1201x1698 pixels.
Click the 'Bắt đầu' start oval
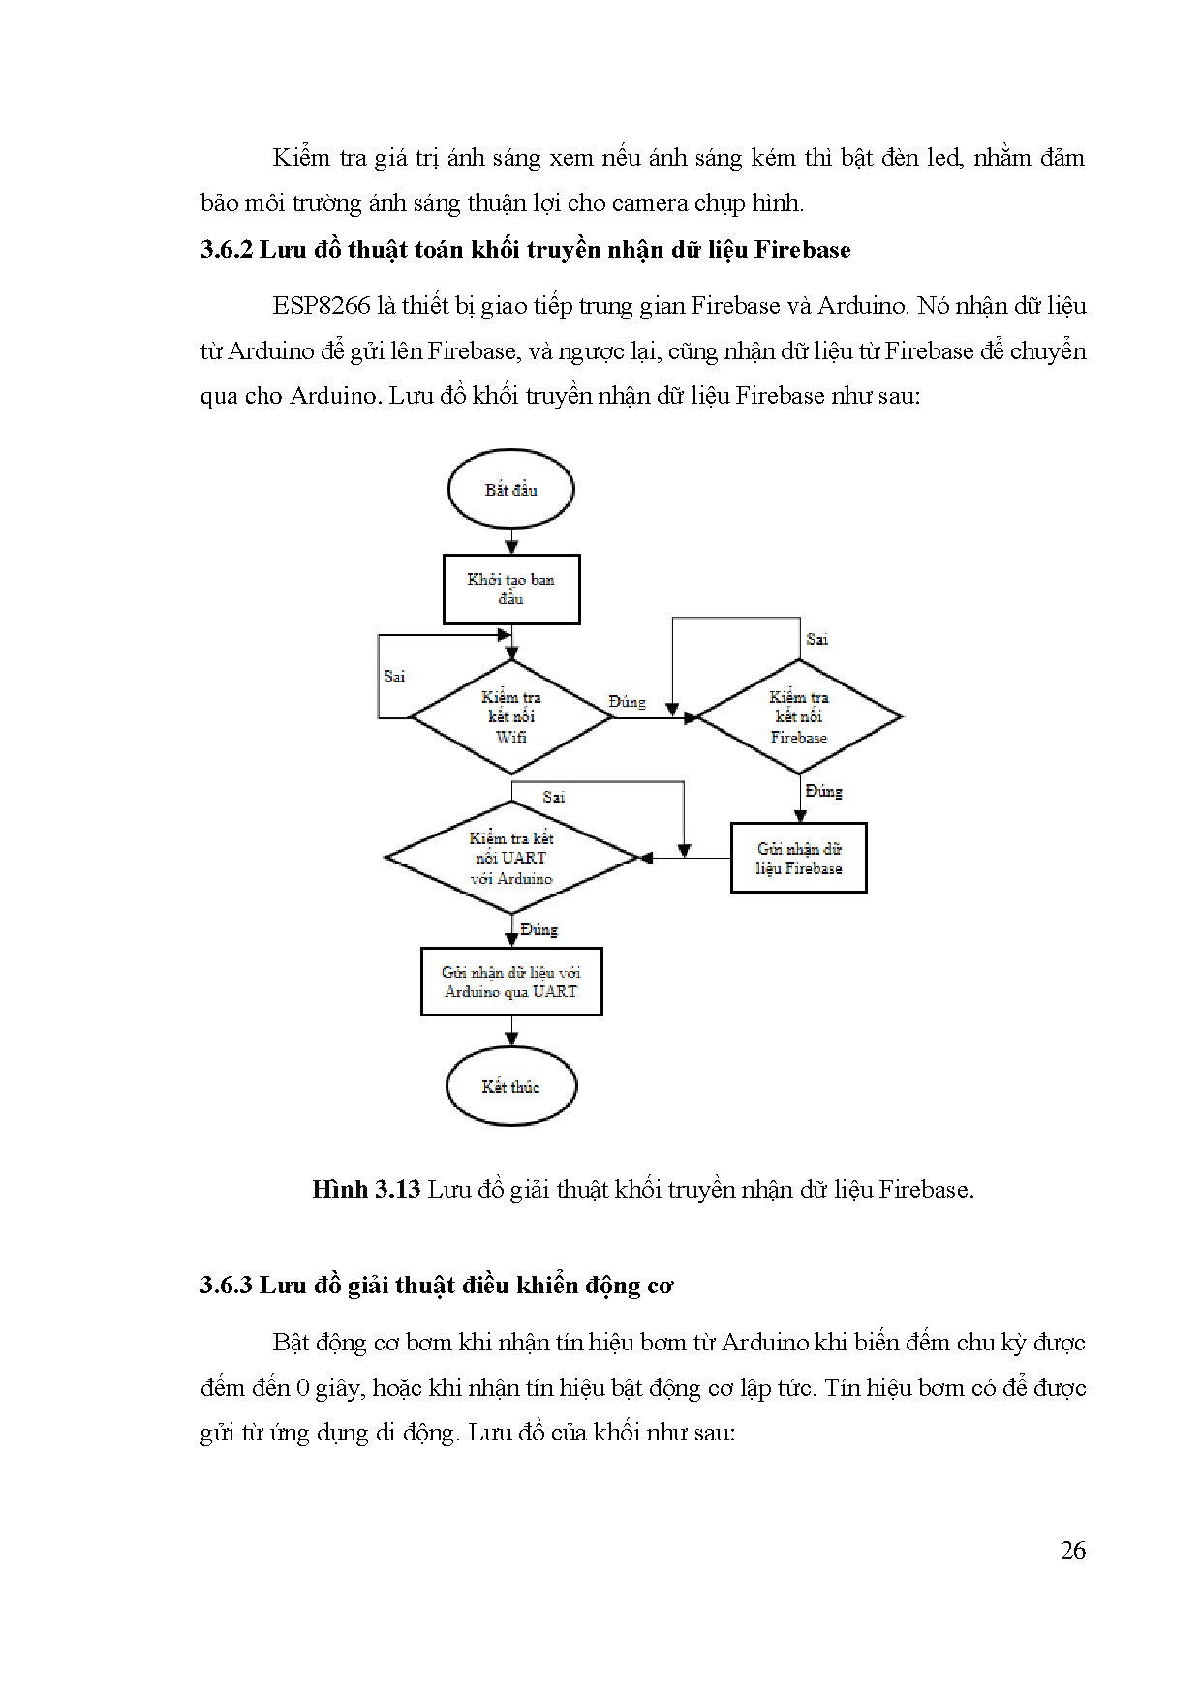pyautogui.click(x=510, y=489)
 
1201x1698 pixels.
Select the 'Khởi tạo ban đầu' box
pyautogui.click(x=511, y=589)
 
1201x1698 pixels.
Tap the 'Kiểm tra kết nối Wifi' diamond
pyautogui.click(x=511, y=717)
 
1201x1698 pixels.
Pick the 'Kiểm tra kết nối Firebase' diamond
pyautogui.click(x=799, y=717)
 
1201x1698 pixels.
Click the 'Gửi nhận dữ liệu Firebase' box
pyautogui.click(x=798, y=858)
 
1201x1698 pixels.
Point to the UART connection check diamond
pyautogui.click(x=511, y=858)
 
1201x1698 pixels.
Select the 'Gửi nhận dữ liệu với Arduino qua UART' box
pyautogui.click(x=511, y=982)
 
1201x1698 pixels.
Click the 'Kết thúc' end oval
pyautogui.click(x=510, y=1086)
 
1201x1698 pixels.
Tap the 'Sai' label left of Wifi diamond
pyautogui.click(x=394, y=676)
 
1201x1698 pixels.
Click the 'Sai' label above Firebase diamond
pyautogui.click(x=816, y=639)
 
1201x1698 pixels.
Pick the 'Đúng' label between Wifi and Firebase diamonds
pyautogui.click(x=627, y=702)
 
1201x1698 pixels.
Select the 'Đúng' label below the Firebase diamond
pyautogui.click(x=823, y=791)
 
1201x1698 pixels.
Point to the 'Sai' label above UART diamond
pyautogui.click(x=554, y=797)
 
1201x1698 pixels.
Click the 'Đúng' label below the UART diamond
pyautogui.click(x=539, y=929)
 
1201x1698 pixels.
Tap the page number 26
pyautogui.click(x=1072, y=1550)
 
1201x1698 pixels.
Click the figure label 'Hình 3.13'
pyautogui.click(x=365, y=1189)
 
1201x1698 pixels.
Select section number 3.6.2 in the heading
pyautogui.click(x=227, y=250)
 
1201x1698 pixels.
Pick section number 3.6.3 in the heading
pyautogui.click(x=227, y=1285)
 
